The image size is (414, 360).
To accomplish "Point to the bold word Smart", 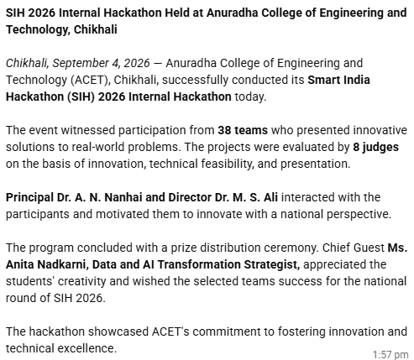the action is click(322, 80).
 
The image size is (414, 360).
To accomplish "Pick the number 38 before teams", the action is click(224, 130).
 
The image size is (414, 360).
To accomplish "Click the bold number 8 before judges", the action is click(356, 147).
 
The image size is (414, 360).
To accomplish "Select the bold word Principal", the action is click(29, 197).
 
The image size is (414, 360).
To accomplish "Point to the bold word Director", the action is click(190, 197).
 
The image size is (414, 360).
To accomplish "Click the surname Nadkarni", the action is click(62, 264).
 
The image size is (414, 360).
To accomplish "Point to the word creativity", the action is click(82, 281).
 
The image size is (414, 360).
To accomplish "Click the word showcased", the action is click(118, 331).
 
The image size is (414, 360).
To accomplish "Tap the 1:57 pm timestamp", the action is click(390, 354).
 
